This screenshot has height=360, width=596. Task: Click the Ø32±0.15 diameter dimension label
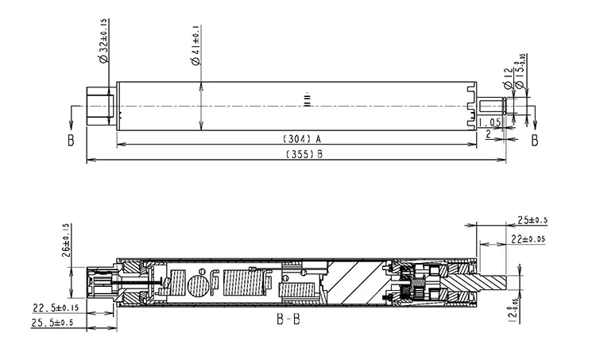(x=103, y=37)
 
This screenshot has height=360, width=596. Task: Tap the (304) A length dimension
(x=301, y=138)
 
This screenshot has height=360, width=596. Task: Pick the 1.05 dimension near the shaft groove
(x=488, y=122)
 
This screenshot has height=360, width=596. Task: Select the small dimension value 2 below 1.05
(x=487, y=134)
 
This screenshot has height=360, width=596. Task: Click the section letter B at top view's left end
(x=71, y=140)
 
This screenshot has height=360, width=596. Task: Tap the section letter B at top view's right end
(x=534, y=140)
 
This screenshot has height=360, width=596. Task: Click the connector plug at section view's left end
(x=102, y=283)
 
